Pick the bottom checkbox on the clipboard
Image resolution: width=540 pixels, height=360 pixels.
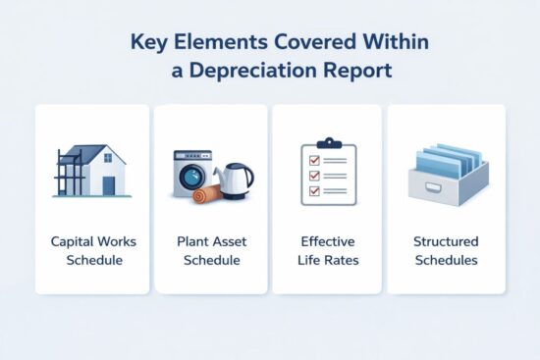click(x=315, y=191)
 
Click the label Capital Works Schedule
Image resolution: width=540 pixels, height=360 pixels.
click(x=92, y=249)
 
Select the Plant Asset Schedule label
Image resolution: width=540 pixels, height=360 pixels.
click(x=210, y=249)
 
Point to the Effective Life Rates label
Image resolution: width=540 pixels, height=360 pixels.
click(x=328, y=249)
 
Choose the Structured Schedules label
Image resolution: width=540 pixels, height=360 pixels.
click(x=446, y=249)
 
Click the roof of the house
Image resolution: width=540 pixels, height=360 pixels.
click(x=98, y=154)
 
